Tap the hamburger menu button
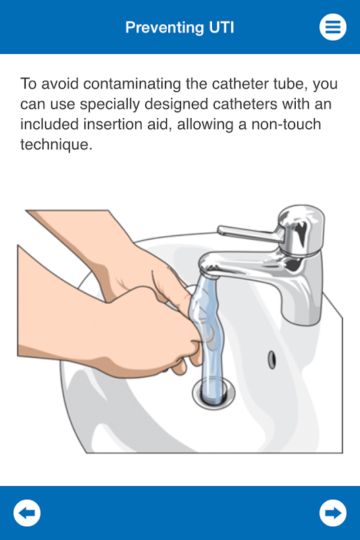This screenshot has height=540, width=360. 333,27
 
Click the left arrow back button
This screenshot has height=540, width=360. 27,513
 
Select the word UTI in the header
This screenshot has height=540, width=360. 222,27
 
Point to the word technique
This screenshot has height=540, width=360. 56,144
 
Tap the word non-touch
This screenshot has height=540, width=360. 286,124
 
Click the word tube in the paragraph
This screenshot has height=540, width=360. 290,84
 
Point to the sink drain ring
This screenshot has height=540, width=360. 213,394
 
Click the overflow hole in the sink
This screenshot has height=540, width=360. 272,360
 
